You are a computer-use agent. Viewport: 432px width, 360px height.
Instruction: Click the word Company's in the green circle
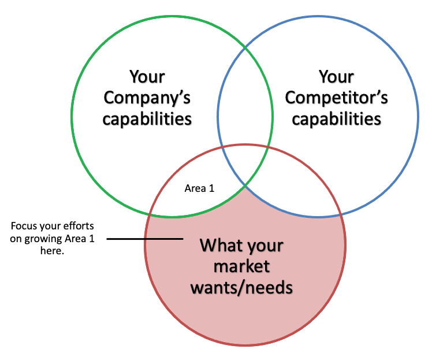pyautogui.click(x=147, y=98)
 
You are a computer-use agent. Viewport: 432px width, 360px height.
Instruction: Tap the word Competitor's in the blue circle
pyautogui.click(x=336, y=98)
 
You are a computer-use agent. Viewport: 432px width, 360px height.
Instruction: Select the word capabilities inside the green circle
pyautogui.click(x=147, y=119)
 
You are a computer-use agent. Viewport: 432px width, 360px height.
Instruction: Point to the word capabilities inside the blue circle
pyautogui.click(x=336, y=119)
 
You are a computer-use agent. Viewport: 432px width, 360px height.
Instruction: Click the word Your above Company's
pyautogui.click(x=147, y=76)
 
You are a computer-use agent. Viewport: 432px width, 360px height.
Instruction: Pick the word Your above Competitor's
pyautogui.click(x=336, y=76)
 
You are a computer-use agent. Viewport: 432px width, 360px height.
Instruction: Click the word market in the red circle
pyautogui.click(x=241, y=266)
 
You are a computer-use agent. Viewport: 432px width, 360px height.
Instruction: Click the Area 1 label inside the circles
pyautogui.click(x=199, y=188)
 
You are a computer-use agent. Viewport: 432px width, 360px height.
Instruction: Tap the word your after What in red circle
pyautogui.click(x=262, y=246)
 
